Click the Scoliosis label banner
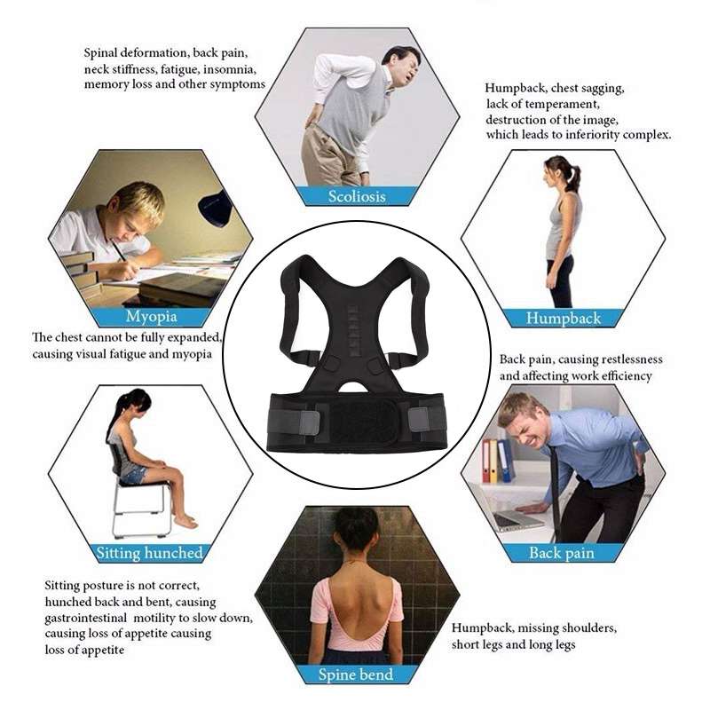[357, 196]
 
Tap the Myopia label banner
[151, 317]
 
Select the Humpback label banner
[563, 318]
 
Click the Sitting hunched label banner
[149, 553]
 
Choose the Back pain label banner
[562, 553]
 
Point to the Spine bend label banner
[356, 674]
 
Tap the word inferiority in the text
[592, 135]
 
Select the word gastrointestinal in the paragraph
[85, 618]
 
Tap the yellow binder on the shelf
[493, 461]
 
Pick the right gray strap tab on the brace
[418, 420]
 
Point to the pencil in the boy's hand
[118, 250]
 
